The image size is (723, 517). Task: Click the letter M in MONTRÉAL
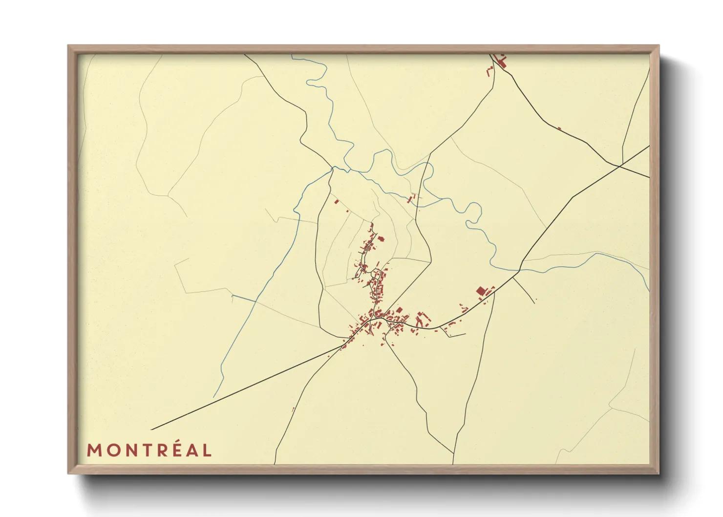94,450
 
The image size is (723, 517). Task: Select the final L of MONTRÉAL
207,450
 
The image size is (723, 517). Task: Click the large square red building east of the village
481,291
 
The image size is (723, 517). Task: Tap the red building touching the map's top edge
500,60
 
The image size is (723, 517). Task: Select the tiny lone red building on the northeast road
559,129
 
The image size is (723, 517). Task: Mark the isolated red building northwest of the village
336,201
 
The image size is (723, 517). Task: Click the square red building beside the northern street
382,239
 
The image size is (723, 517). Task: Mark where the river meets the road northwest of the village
333,169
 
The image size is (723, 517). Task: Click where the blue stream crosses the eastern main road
519,269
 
